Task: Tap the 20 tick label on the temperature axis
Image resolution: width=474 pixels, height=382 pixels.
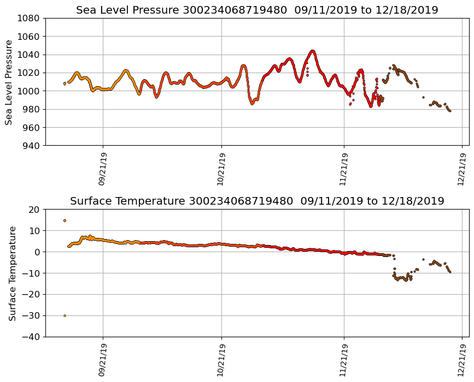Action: point(34,210)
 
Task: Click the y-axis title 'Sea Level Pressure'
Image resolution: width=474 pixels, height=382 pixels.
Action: point(9,82)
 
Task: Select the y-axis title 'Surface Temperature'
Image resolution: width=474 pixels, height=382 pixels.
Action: point(11,273)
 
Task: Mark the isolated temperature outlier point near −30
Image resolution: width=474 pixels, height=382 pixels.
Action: point(65,315)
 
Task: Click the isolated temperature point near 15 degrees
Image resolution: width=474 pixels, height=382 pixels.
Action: point(65,220)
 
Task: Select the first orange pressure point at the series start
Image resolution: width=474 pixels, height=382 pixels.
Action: point(65,83)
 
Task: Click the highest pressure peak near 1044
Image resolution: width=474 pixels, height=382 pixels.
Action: point(313,51)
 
